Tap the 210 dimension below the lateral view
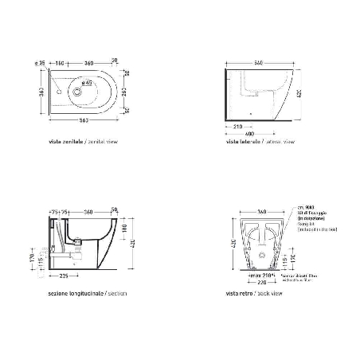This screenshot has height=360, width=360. point(238,125)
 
